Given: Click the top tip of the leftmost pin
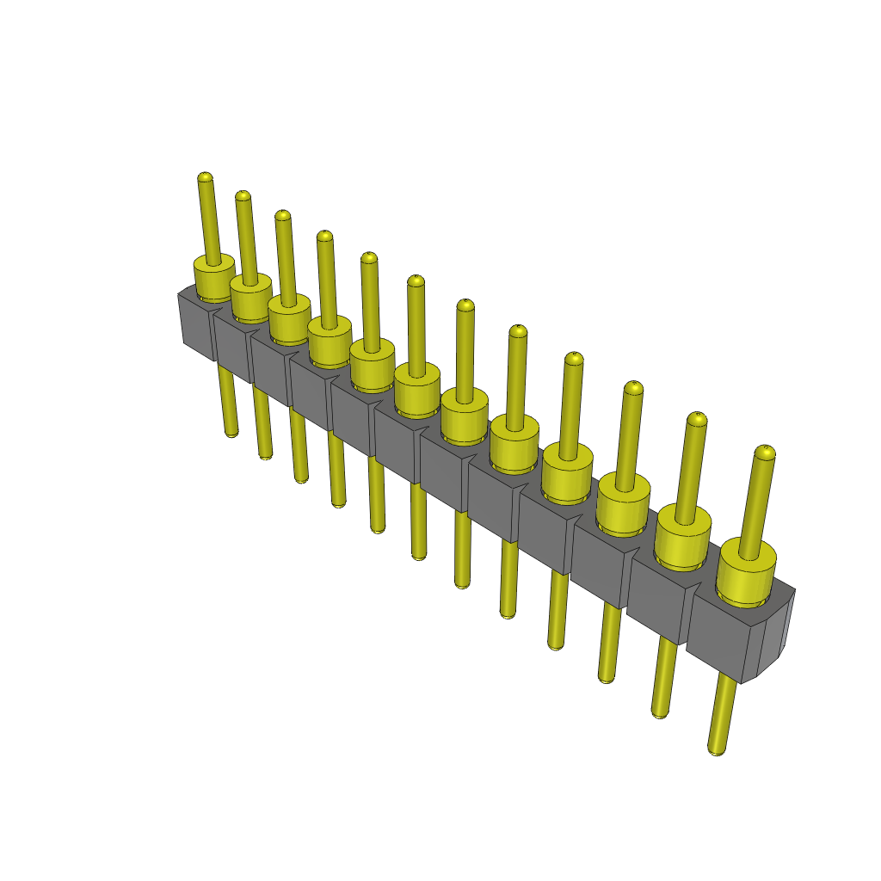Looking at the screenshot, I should (205, 178).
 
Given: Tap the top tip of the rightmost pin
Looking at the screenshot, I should (765, 452).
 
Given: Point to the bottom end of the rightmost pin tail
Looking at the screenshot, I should (717, 749).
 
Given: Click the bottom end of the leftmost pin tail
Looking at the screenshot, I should (231, 432).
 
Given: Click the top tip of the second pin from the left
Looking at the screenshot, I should (243, 196).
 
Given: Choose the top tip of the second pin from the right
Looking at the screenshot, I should (697, 419).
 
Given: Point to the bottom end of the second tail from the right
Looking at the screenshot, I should (661, 712).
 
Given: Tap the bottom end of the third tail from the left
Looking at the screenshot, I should (301, 477).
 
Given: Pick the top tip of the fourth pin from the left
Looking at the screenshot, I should (324, 236).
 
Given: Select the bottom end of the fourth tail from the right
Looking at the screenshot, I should (556, 644).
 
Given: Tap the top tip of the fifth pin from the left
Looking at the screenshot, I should (369, 257).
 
